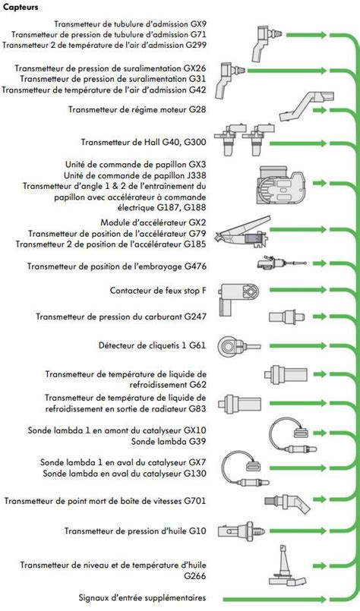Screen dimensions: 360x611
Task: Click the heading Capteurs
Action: pyautogui.click(x=21, y=7)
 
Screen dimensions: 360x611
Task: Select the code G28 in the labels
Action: pyautogui.click(x=197, y=109)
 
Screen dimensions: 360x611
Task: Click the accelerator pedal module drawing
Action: pyautogui.click(x=242, y=232)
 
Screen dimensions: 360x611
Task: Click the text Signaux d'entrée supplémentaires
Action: pyautogui.click(x=142, y=598)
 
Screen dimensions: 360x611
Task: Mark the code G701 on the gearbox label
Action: pyautogui.click(x=195, y=501)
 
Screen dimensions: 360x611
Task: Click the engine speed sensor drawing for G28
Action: pyautogui.click(x=307, y=106)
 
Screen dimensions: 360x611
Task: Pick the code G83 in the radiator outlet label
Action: pyautogui.click(x=197, y=409)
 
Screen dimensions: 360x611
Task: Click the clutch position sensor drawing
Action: pyautogui.click(x=282, y=263)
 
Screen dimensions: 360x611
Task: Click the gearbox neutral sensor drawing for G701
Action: pyautogui.click(x=286, y=502)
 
